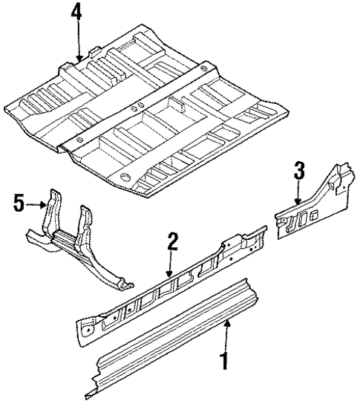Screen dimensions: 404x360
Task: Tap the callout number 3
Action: (299, 172)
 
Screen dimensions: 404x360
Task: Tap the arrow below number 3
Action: (298, 192)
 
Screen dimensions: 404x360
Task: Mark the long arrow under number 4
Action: (78, 41)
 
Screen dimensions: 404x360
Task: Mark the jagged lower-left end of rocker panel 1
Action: (93, 385)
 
